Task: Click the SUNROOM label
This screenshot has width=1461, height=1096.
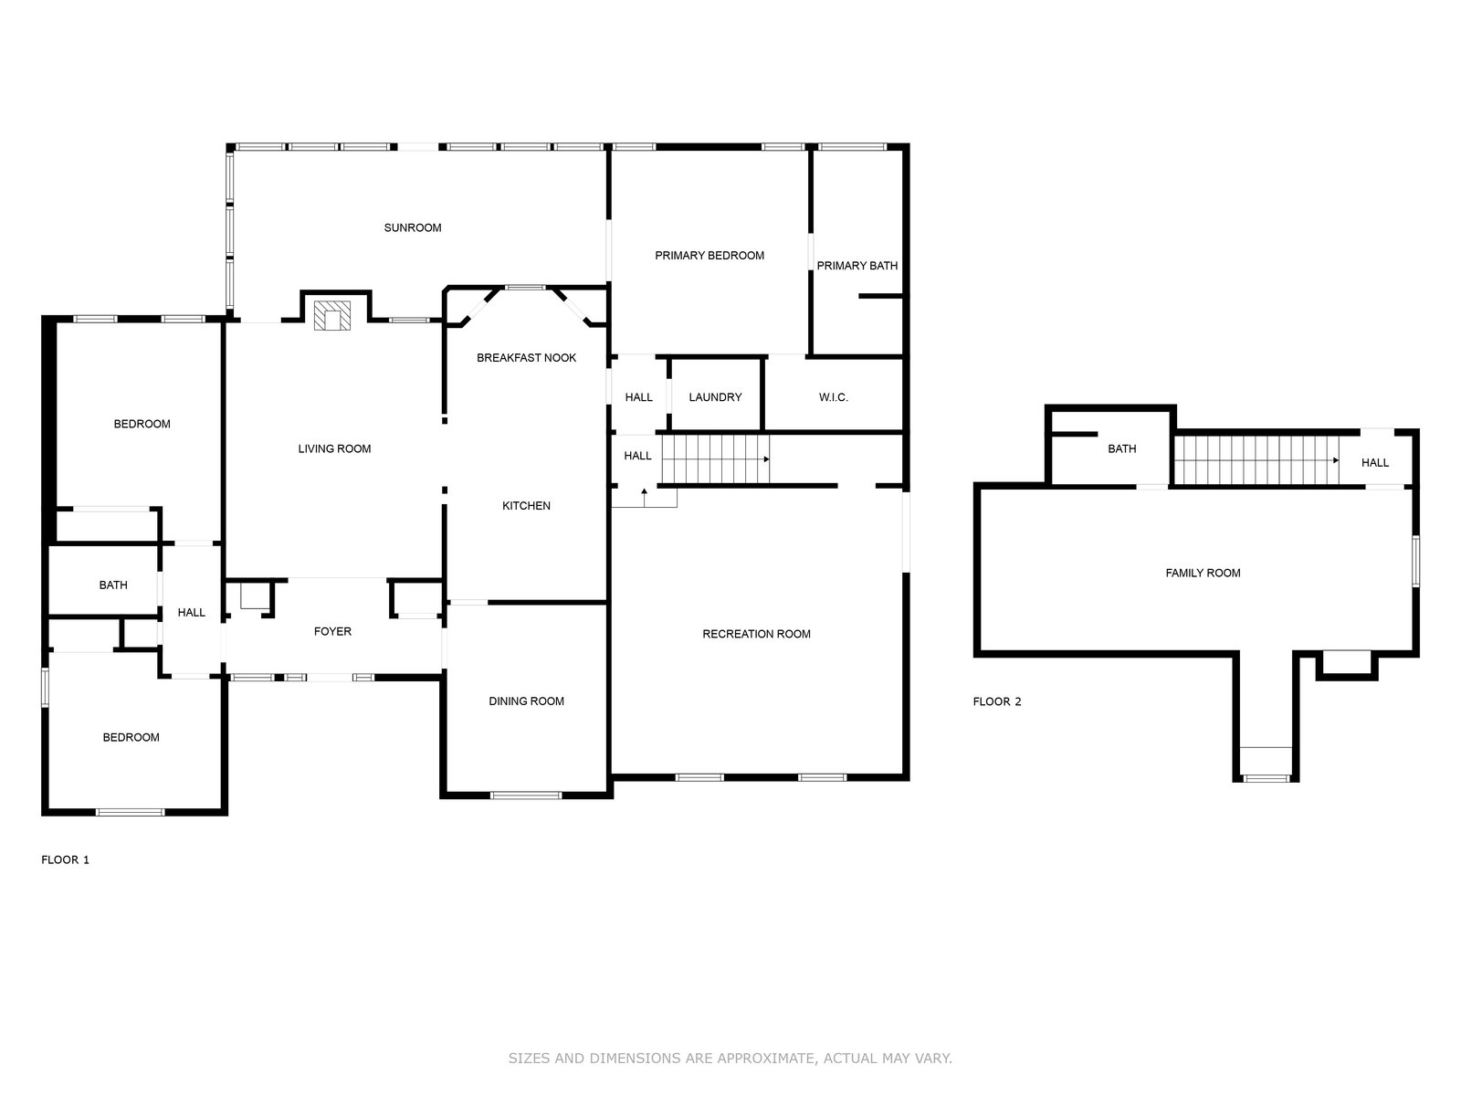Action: pyautogui.click(x=412, y=227)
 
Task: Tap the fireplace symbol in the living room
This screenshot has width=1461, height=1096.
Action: pyautogui.click(x=332, y=315)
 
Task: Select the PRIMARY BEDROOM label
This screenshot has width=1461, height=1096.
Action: pyautogui.click(x=709, y=256)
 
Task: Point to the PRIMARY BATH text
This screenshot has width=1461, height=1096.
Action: pyautogui.click(x=857, y=266)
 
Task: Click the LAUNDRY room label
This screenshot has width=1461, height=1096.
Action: pyautogui.click(x=715, y=397)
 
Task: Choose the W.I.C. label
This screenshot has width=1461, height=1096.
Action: pyautogui.click(x=833, y=397)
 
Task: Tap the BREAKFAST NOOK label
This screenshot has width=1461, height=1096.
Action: pyautogui.click(x=526, y=358)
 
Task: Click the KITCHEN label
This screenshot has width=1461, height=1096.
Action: pyautogui.click(x=526, y=506)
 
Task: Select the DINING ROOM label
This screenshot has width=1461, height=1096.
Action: pyautogui.click(x=526, y=701)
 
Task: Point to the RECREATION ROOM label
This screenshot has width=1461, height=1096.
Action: pyautogui.click(x=756, y=634)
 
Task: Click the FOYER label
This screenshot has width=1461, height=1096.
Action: pyautogui.click(x=332, y=631)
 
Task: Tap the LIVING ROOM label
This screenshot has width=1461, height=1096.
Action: pyautogui.click(x=334, y=449)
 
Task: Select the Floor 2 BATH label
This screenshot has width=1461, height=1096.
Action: pyautogui.click(x=1121, y=449)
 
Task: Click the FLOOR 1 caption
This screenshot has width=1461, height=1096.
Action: pyautogui.click(x=65, y=859)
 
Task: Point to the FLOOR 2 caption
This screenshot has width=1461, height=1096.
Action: pyautogui.click(x=996, y=701)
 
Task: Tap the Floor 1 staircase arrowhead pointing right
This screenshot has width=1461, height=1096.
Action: pyautogui.click(x=767, y=459)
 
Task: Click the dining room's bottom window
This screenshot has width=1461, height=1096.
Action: pyautogui.click(x=525, y=795)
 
